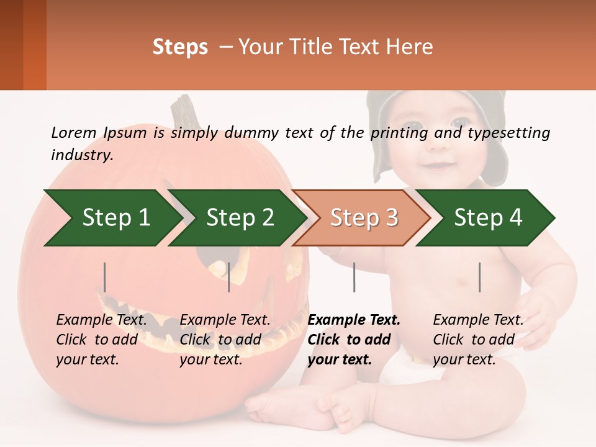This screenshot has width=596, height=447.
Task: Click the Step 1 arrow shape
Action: (112, 218)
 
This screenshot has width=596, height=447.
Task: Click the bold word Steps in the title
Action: (180, 47)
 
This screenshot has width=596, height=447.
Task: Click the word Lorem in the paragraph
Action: (73, 132)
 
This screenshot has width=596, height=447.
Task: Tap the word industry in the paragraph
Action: (81, 155)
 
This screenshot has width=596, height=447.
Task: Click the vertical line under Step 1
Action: (104, 277)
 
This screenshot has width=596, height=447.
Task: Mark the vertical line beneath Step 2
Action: (229, 277)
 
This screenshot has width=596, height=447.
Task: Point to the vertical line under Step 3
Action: (354, 277)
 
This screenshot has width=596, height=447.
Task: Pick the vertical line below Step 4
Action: (479, 277)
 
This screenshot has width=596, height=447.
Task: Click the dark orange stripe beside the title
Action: (34, 45)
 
